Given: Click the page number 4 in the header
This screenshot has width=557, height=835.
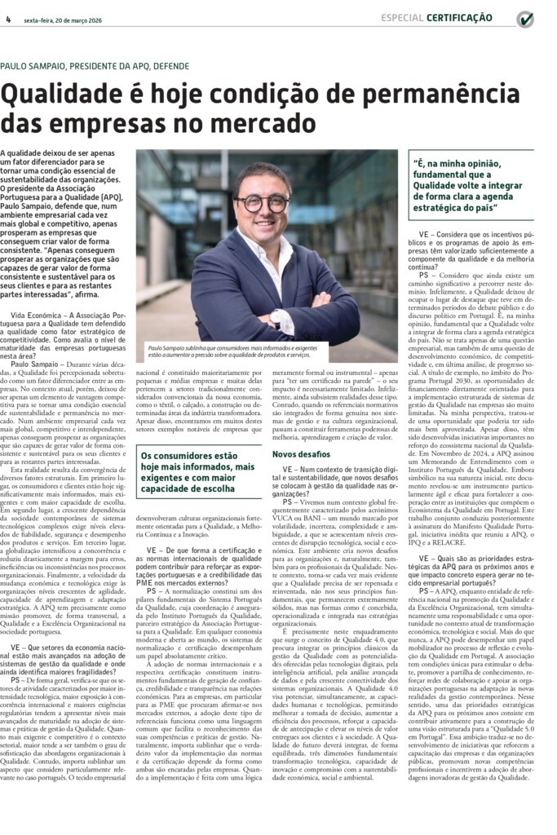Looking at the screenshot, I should (7, 19).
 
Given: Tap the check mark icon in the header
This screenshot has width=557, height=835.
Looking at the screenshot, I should (525, 19).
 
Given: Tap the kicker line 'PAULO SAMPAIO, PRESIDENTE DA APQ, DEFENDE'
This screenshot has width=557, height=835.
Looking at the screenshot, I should (95, 66).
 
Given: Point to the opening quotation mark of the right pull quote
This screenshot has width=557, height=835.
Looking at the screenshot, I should (417, 161).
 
